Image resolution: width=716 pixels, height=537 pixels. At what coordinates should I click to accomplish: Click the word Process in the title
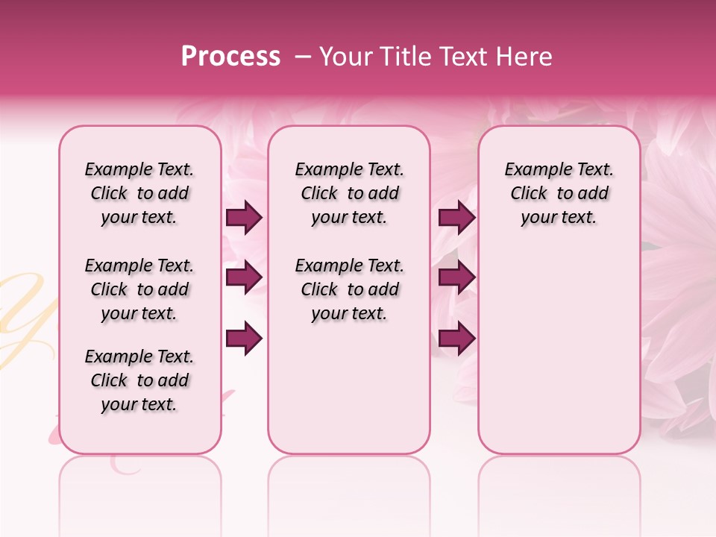pos(230,57)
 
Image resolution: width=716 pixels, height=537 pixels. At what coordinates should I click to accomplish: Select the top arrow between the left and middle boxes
pos(244,218)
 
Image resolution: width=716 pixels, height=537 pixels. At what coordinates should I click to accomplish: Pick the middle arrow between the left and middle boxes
pos(244,277)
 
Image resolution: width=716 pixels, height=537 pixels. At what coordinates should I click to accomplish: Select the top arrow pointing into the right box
pos(456,218)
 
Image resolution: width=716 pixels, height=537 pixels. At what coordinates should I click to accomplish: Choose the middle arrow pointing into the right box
pos(456,277)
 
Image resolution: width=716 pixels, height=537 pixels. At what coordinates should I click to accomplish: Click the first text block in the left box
pos(139,193)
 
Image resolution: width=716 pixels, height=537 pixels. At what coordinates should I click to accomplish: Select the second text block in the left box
pos(139,289)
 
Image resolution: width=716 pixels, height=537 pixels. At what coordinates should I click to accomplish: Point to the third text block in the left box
pos(139,380)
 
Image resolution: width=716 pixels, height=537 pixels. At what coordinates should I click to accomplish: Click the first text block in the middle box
pos(349,193)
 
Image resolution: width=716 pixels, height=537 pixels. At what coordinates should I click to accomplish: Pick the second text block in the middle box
pos(349,289)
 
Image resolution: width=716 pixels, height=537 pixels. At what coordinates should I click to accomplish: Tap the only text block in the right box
pos(559,193)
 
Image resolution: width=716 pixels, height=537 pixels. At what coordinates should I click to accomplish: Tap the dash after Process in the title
pos(303,57)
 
